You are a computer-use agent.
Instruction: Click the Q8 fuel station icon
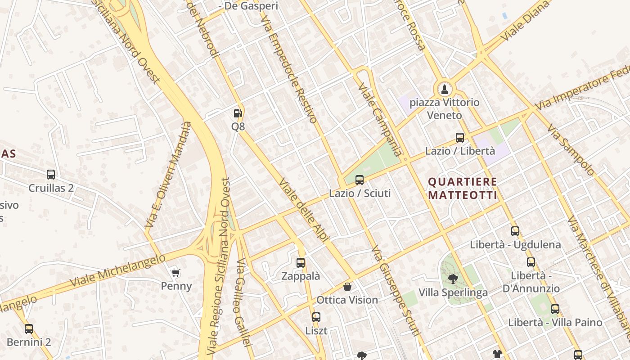point(238,113)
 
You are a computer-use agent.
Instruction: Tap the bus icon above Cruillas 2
point(51,175)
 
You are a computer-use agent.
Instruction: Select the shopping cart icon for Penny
point(176,273)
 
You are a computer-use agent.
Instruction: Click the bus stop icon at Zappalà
point(301,263)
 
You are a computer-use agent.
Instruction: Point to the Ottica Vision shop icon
point(347,287)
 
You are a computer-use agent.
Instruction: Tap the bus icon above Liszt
point(316,317)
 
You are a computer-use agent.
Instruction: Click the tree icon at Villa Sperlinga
point(453,279)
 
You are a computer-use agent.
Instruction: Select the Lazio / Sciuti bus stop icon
point(360,180)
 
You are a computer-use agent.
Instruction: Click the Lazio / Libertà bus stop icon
point(460,138)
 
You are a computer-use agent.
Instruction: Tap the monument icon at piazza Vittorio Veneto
point(445,89)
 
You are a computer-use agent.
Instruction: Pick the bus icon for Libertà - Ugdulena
point(515,231)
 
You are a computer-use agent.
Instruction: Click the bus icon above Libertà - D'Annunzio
point(531,262)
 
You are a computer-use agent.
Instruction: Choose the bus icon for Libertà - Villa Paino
point(555,309)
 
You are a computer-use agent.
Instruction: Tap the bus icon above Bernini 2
point(29,329)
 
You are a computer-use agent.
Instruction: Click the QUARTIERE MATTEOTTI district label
point(463,189)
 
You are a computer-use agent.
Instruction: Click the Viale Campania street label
point(379,119)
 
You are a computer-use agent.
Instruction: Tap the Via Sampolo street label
point(570,149)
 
